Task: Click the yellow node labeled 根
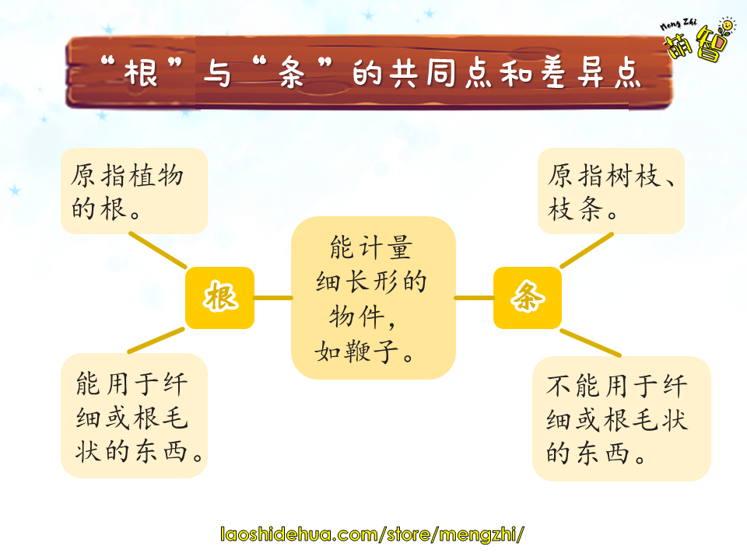click(x=219, y=298)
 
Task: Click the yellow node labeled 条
click(x=528, y=298)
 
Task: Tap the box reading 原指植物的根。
click(x=135, y=191)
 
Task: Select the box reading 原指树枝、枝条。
click(x=612, y=191)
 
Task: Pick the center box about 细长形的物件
click(x=373, y=298)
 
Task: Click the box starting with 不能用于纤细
click(x=622, y=418)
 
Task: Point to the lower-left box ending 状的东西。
click(x=135, y=415)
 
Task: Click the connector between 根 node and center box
click(x=273, y=298)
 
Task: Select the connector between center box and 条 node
click(x=475, y=298)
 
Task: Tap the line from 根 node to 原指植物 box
click(x=158, y=250)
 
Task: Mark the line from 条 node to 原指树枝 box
click(x=587, y=250)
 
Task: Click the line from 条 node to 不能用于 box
click(x=591, y=342)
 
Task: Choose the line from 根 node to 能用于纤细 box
click(x=156, y=340)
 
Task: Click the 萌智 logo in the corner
click(x=698, y=40)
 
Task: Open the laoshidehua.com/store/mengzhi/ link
click(x=372, y=534)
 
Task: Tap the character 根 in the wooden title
click(x=141, y=73)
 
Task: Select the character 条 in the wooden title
click(x=292, y=73)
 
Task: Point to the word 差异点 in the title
click(x=591, y=73)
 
